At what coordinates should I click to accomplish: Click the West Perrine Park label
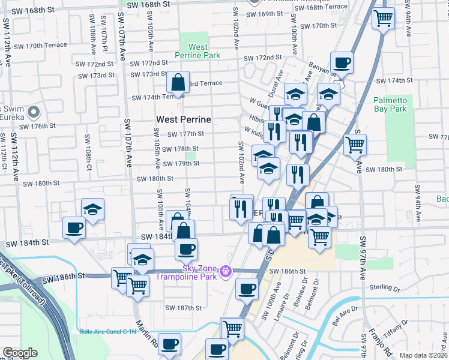(x=197, y=51)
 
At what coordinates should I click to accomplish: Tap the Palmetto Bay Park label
(x=390, y=104)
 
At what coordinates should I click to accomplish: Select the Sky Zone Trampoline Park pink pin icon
(x=226, y=272)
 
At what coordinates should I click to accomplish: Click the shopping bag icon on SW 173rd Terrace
(x=178, y=81)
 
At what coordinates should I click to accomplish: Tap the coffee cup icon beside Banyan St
(x=342, y=62)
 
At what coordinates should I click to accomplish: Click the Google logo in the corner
(x=20, y=353)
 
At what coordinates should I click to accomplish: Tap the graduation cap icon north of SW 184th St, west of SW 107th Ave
(x=92, y=209)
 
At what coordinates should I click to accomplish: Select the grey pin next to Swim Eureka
(x=34, y=112)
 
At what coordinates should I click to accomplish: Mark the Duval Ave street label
(x=279, y=81)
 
